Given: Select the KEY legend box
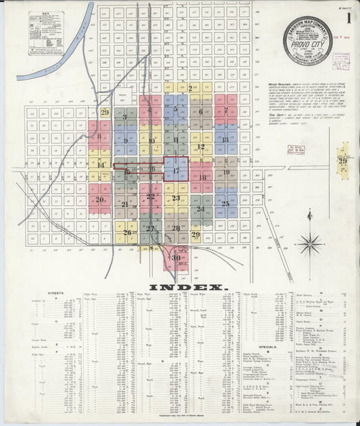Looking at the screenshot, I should point(46,33).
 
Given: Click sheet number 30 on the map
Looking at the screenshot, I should point(176,257).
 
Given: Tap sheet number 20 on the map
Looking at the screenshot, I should point(100,199).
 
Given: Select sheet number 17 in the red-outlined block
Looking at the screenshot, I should point(176,171).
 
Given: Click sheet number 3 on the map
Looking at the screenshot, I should point(125,117).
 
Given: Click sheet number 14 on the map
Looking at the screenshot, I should point(101,165).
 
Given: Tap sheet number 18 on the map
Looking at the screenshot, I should point(202,178).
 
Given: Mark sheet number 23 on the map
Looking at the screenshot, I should point(176,198).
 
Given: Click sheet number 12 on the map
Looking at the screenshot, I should point(201,146).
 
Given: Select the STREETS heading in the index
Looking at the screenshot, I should point(56,294).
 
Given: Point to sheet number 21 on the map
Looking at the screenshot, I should point(124,204).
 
